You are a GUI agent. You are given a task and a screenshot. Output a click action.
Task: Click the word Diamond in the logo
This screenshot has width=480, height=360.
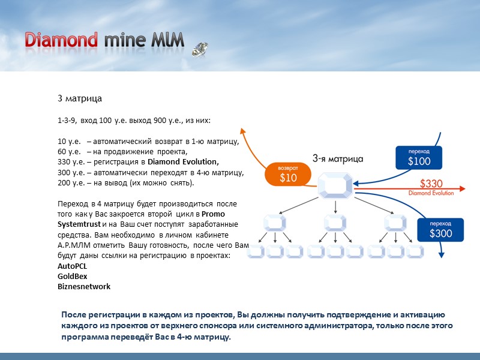tap(61, 40)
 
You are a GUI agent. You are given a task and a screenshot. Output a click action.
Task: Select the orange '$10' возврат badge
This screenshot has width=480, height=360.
tap(288, 173)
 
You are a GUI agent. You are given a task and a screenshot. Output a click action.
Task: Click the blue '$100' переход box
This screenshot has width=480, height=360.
tap(419, 157)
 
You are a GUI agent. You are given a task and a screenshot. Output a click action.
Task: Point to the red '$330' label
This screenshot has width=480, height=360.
tap(431, 184)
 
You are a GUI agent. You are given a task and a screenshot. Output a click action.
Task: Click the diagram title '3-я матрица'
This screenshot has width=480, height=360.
tap(337, 159)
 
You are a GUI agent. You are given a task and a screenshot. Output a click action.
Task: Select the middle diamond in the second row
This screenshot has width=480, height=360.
tap(335, 223)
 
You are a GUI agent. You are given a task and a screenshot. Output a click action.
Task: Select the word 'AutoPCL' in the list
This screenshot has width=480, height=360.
tap(72, 265)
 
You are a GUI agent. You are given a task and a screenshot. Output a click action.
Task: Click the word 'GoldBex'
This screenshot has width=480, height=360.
tap(71, 276)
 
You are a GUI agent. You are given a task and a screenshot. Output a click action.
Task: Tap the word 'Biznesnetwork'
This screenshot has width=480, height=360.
tap(83, 287)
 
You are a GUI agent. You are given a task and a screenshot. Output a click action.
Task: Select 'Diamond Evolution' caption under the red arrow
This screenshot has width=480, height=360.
tap(431, 193)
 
